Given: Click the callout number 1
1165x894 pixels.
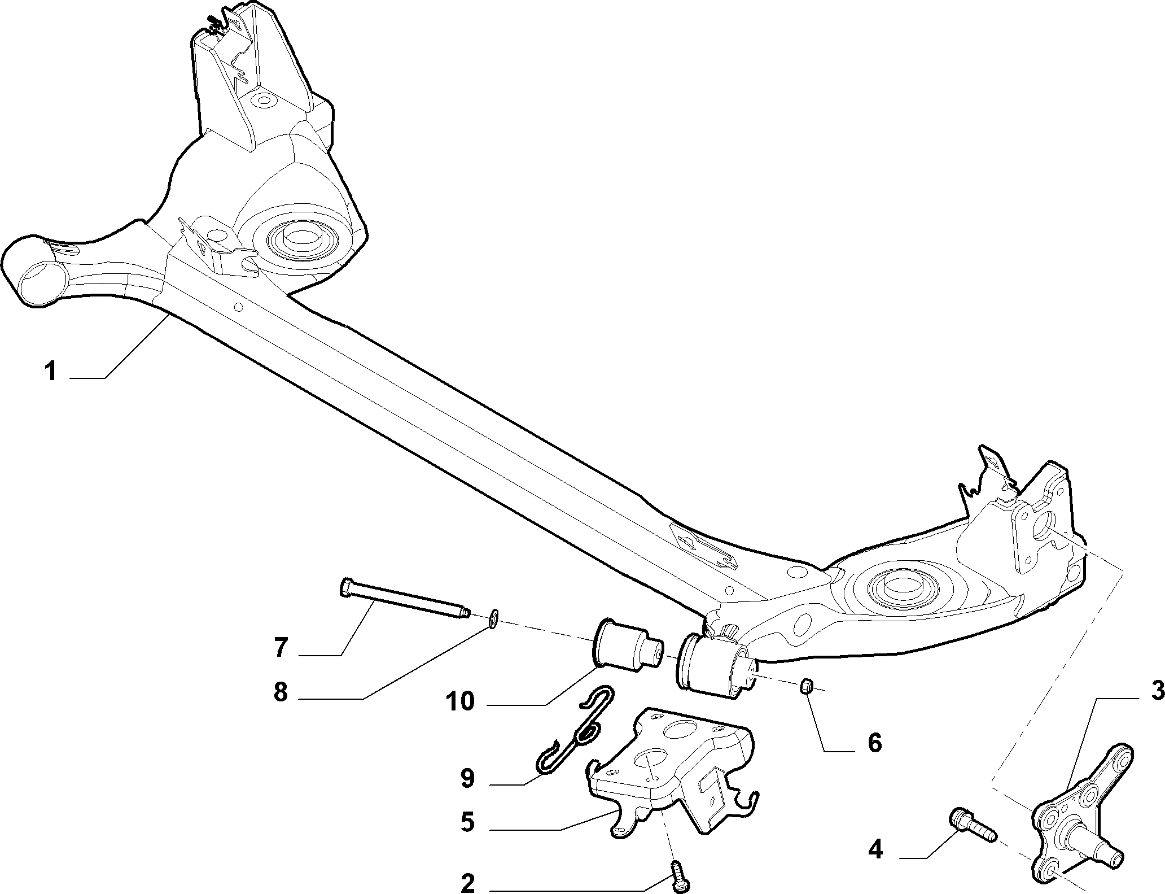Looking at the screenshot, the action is pyautogui.click(x=51, y=373).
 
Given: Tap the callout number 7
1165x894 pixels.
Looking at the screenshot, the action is pyautogui.click(x=282, y=648).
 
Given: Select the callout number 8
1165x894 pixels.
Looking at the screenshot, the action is pyautogui.click(x=281, y=692).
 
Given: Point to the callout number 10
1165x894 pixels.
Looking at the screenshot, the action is pyautogui.click(x=460, y=702).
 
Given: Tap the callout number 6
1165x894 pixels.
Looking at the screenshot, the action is pyautogui.click(x=874, y=743).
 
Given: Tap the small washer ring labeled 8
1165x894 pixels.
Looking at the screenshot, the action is pyautogui.click(x=493, y=618).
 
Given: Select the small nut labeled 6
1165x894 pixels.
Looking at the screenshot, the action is pyautogui.click(x=806, y=687).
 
